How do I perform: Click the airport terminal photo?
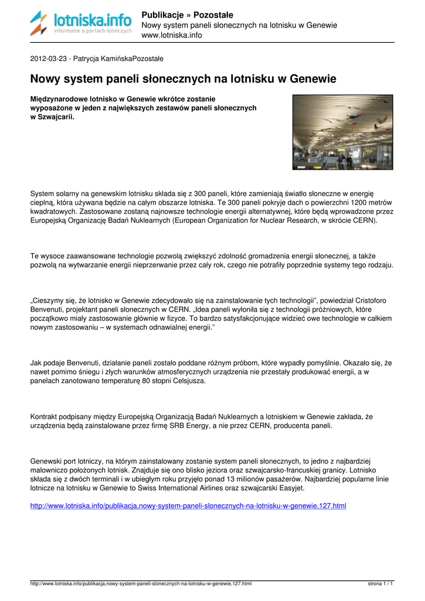click(343, 132)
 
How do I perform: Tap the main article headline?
click(183, 79)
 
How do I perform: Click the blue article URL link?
click(188, 505)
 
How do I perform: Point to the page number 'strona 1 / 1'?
click(380, 584)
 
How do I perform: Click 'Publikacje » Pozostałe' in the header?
click(188, 15)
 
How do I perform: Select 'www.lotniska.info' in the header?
click(172, 35)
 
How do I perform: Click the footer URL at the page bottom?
click(141, 584)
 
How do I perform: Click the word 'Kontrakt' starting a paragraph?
click(45, 417)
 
